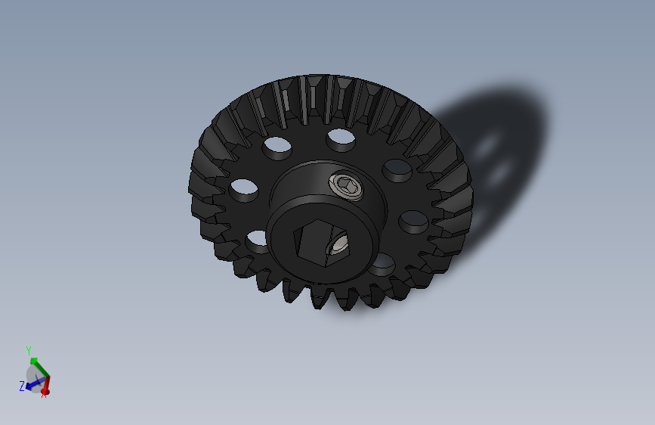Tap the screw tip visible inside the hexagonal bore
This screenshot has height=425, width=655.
338,244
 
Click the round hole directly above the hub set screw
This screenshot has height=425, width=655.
341,137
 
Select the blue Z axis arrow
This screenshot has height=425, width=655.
30,385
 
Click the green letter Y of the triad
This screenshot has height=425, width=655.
29,351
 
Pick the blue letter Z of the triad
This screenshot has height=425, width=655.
21,387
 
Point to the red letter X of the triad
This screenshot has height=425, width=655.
45,396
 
